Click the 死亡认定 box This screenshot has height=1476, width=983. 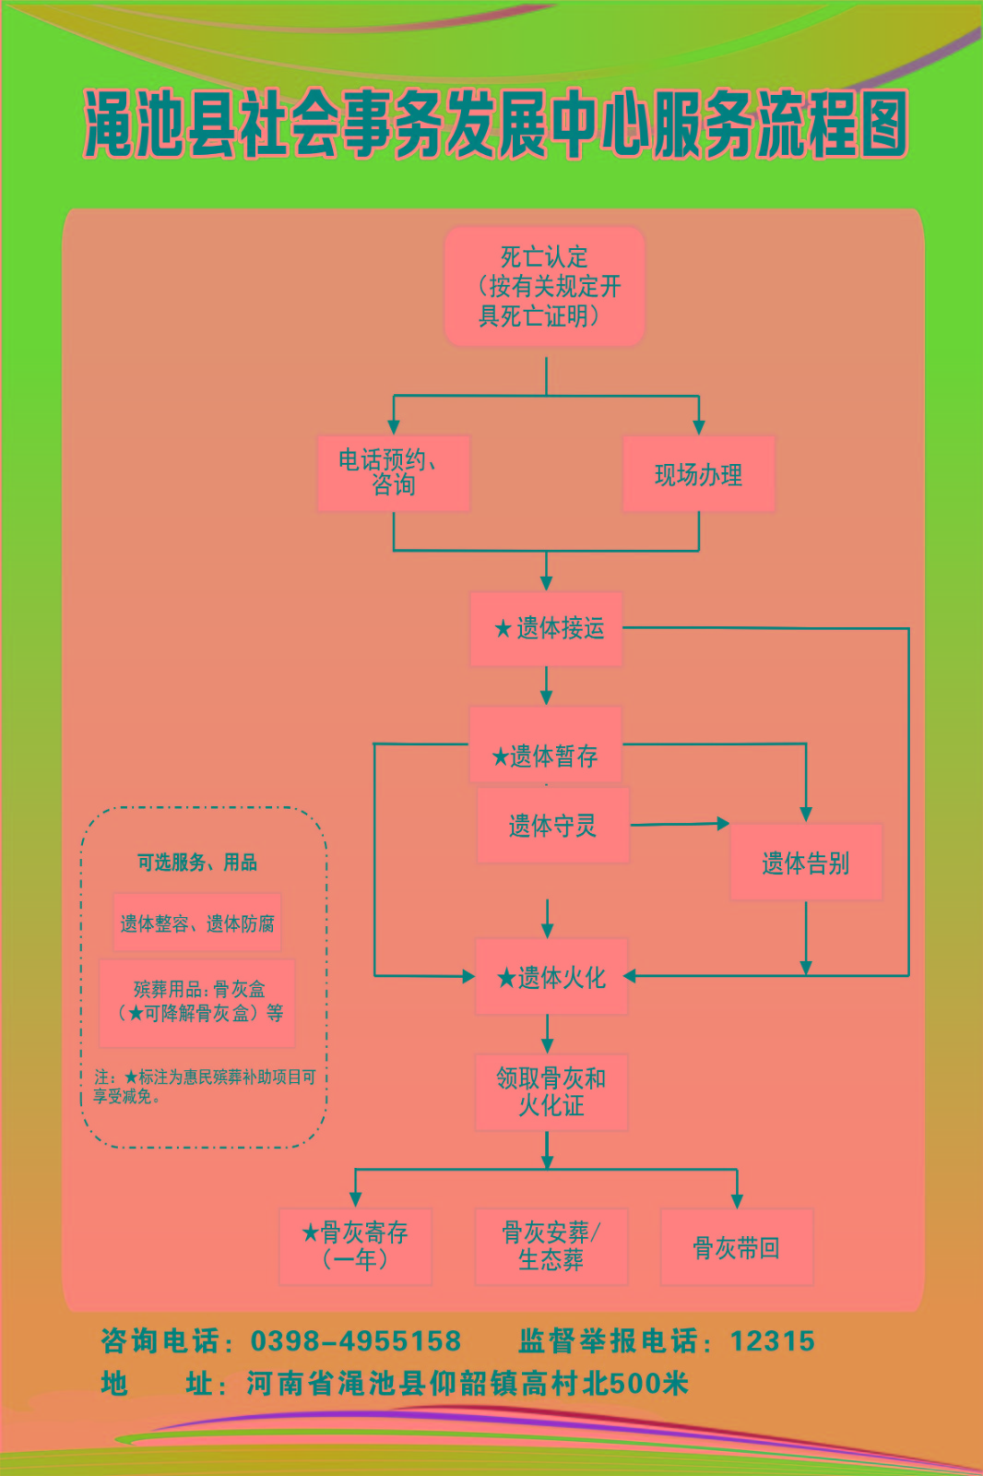pos(544,286)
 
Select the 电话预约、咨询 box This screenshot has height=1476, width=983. pos(394,473)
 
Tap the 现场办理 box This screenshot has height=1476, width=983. pos(698,474)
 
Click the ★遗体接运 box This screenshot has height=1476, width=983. pos(547,629)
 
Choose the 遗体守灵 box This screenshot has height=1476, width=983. pos(552,826)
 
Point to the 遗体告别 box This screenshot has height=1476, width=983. pos(805,863)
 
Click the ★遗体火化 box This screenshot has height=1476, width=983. pos(551,977)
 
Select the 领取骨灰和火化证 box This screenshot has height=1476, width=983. pos(551,1092)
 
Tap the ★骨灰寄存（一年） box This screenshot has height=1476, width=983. pos(355,1246)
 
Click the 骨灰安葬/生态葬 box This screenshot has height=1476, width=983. pos(551,1246)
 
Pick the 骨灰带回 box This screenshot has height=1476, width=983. pos(736,1247)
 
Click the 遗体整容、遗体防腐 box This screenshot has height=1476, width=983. pos(197,922)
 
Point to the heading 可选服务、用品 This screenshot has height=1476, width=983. pos(197,863)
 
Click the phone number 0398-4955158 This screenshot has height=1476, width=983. pos(356,1340)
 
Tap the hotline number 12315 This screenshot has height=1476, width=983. pos(772,1340)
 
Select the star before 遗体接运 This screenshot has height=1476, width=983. pos(503,629)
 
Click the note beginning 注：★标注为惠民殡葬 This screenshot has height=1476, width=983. pos(204,1086)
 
